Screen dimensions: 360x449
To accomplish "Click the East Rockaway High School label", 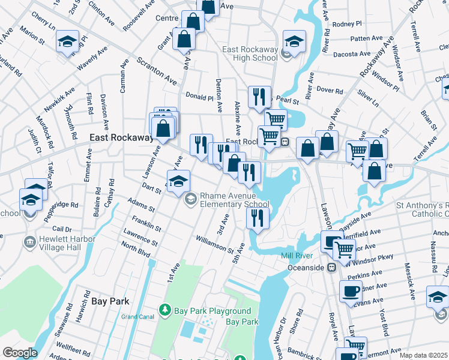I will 249,53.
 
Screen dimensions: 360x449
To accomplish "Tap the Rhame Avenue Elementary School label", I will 234,200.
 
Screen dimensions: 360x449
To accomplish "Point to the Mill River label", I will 295,256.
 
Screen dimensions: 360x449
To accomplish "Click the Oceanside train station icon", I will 330,267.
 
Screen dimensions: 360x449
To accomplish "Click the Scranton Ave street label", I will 157,71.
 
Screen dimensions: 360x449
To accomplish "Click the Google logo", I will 19,353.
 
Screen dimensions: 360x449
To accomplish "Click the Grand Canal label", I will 138,316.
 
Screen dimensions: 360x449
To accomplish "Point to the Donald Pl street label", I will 199,95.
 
